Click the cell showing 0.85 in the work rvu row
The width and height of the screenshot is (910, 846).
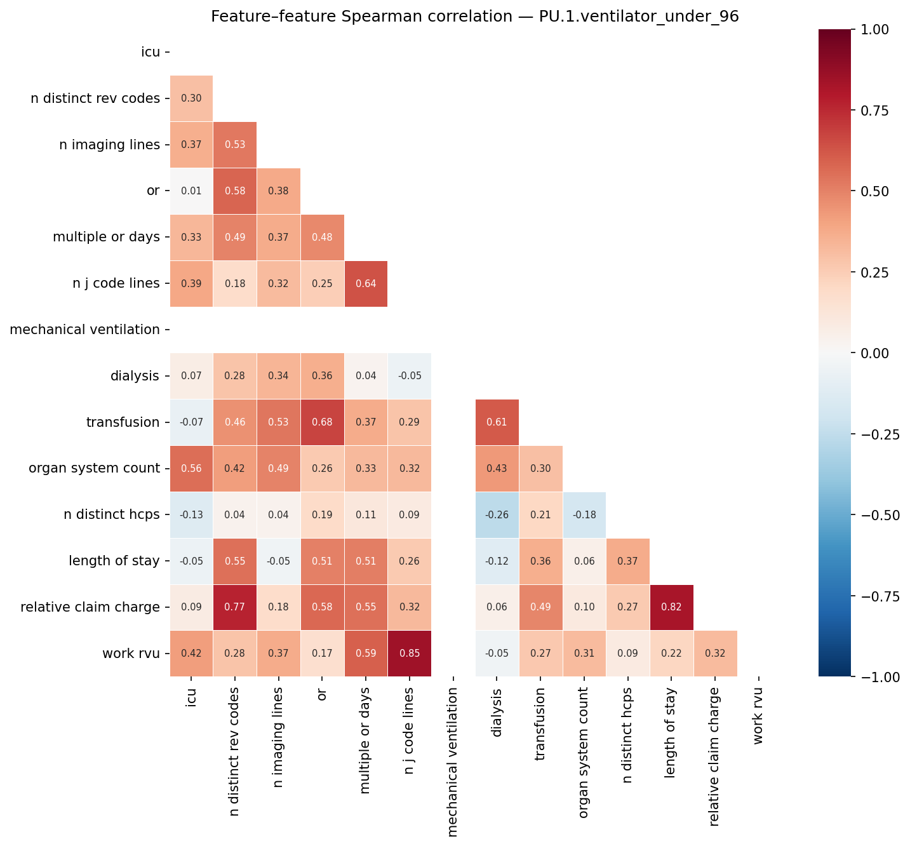pyautogui.click(x=409, y=654)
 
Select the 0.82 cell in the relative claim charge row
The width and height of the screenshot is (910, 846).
pyautogui.click(x=672, y=607)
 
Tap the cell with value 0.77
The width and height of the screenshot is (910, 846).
pyautogui.click(x=235, y=607)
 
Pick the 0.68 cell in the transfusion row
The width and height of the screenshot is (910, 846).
pyautogui.click(x=322, y=422)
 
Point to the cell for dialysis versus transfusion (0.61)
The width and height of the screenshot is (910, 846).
pyautogui.click(x=497, y=422)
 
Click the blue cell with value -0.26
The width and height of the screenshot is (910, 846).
pyautogui.click(x=497, y=514)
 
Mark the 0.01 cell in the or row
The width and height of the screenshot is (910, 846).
pyautogui.click(x=191, y=191)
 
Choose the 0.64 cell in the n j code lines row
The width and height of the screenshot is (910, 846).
pyautogui.click(x=366, y=283)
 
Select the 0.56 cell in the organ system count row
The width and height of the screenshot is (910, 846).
pyautogui.click(x=191, y=468)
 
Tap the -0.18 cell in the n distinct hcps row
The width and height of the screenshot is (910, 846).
pyautogui.click(x=584, y=514)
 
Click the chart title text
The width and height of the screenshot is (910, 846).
pyautogui.click(x=474, y=17)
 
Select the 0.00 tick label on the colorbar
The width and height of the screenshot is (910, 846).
pyautogui.click(x=877, y=353)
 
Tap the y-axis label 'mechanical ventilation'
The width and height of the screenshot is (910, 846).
pyautogui.click(x=85, y=330)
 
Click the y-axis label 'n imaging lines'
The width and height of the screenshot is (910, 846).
pyautogui.click(x=109, y=145)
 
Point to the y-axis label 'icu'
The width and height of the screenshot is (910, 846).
pyautogui.click(x=151, y=52)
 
